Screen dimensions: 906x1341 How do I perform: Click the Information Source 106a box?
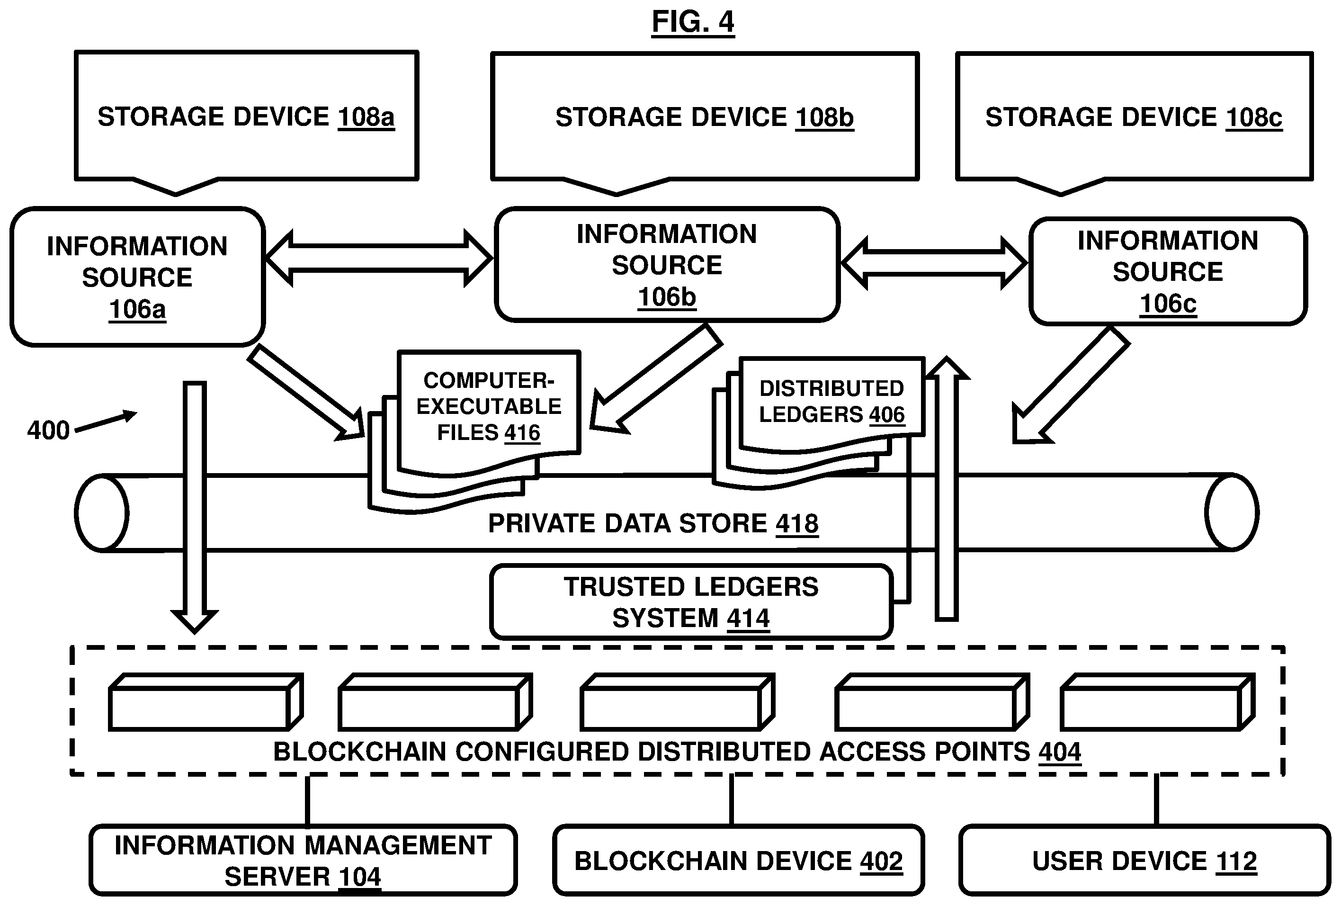pyautogui.click(x=137, y=277)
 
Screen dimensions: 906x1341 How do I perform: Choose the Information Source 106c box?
pyautogui.click(x=1168, y=271)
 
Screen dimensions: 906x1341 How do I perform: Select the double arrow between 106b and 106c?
pyautogui.click(x=934, y=263)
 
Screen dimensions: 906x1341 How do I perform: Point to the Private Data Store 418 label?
pyautogui.click(x=653, y=524)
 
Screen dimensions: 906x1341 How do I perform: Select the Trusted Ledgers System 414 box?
pyautogui.click(x=691, y=602)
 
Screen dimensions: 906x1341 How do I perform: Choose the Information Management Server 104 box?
pyautogui.click(x=303, y=861)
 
